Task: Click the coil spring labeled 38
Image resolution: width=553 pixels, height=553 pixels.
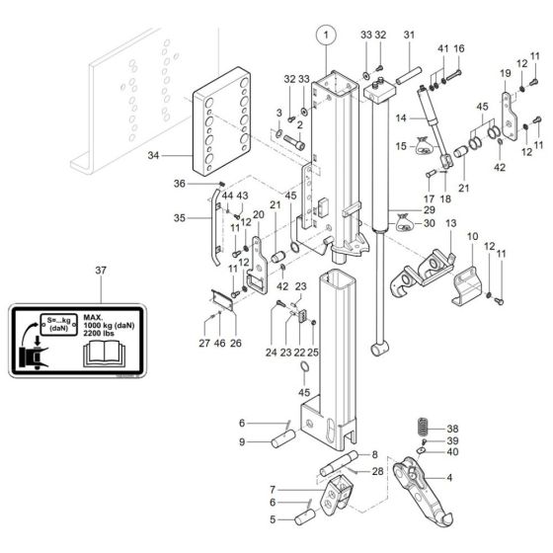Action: (420, 428)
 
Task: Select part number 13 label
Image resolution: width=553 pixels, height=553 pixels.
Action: (451, 226)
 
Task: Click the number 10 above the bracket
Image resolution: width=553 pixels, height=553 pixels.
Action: (471, 237)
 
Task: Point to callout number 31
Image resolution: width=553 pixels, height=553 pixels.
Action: (409, 36)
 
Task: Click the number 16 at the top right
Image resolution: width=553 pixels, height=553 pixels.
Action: (458, 48)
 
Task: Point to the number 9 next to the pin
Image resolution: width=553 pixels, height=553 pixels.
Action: (241, 442)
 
